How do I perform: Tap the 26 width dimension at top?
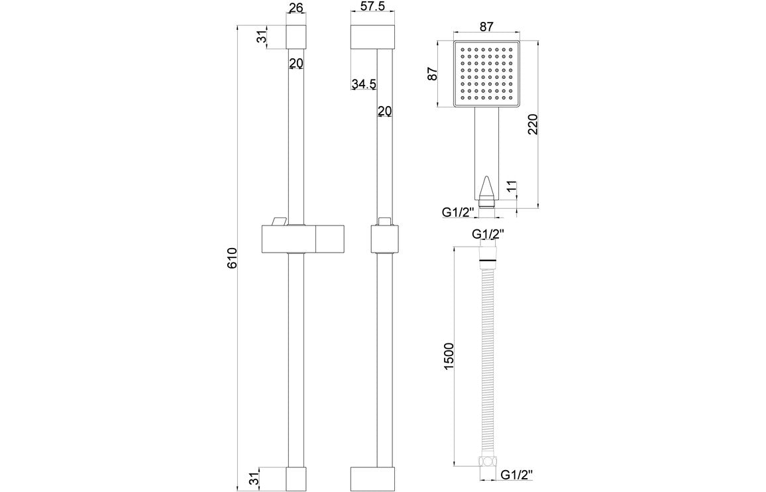pos(296,9)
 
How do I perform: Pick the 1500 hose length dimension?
pos(449,356)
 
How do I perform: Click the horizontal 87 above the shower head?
pos(487,27)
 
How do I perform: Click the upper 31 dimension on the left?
pos(262,37)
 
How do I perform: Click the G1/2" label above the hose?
pos(488,234)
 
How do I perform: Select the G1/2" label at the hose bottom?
pos(517,474)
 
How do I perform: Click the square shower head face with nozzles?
pos(487,74)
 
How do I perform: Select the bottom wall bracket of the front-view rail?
pos(296,478)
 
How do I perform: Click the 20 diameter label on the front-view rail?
pos(296,63)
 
